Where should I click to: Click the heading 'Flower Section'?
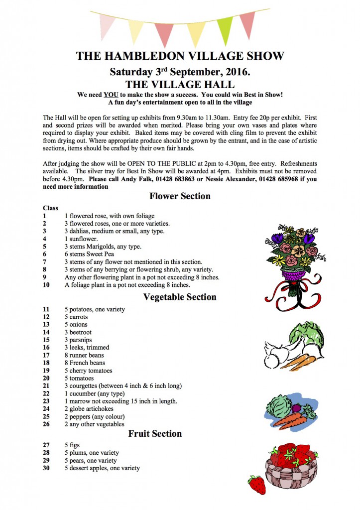click(180, 196)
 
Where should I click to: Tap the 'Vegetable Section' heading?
click(180, 297)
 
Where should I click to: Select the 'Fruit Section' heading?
click(155, 433)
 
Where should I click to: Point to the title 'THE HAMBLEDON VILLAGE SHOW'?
click(180, 56)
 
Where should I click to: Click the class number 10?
click(46, 285)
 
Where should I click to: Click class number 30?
click(46, 468)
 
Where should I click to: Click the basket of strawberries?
click(292, 466)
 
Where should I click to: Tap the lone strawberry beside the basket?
click(256, 484)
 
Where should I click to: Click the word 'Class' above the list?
click(50, 208)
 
